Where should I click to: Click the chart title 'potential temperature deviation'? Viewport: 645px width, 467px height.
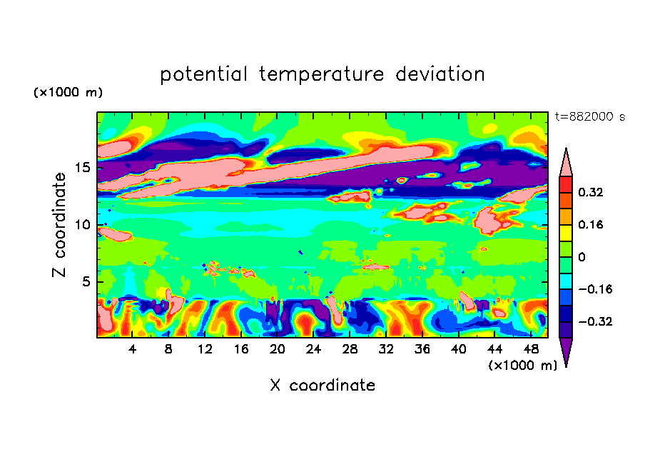(x=322, y=74)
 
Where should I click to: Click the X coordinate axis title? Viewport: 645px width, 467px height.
(x=322, y=386)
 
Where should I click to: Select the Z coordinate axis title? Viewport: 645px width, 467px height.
(x=60, y=225)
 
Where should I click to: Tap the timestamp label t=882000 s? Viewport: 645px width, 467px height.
(x=589, y=117)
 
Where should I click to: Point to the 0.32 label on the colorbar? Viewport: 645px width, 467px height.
(x=591, y=193)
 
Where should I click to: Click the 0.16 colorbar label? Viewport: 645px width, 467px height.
(x=591, y=225)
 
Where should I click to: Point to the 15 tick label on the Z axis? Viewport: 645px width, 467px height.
(x=83, y=167)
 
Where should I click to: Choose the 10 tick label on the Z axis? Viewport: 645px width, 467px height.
(x=83, y=224)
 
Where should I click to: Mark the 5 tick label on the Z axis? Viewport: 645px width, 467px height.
(x=87, y=281)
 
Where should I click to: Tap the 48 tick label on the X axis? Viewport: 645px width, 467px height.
(x=530, y=349)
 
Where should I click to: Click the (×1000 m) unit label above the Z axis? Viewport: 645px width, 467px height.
(x=68, y=93)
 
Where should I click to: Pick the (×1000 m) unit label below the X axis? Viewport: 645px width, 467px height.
(x=523, y=366)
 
